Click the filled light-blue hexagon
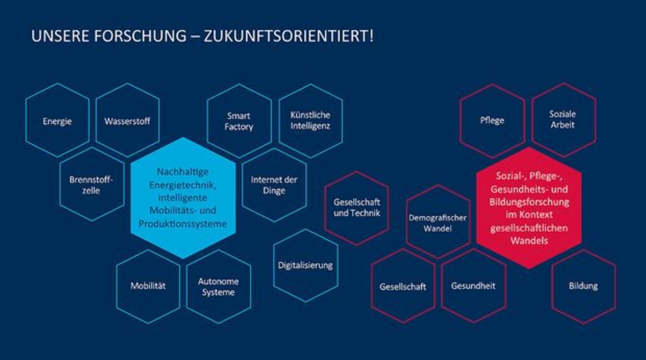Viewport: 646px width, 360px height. pos(183,198)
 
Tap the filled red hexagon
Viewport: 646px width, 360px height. pos(529,208)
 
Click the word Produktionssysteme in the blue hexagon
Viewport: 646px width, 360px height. pos(183,224)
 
